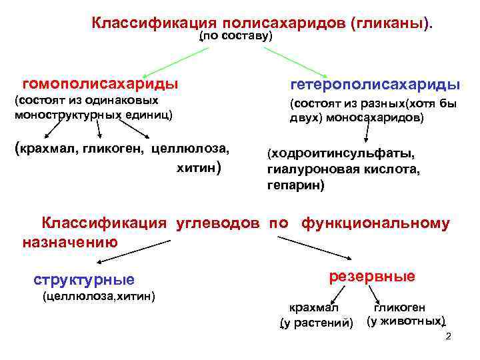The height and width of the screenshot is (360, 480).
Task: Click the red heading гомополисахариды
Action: click(x=100, y=84)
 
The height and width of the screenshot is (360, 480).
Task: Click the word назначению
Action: click(x=70, y=241)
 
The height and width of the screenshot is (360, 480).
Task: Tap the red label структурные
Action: click(x=83, y=279)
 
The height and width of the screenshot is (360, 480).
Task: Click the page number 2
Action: click(x=448, y=336)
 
